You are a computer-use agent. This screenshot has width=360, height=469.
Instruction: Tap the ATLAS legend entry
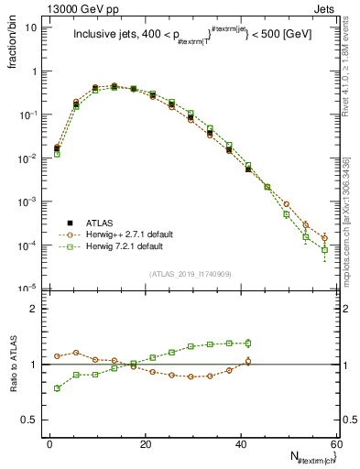[x=101, y=223]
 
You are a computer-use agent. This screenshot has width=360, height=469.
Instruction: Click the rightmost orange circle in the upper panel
[x=324, y=238]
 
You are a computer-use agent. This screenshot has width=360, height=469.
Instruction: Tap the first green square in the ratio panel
[x=57, y=388]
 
